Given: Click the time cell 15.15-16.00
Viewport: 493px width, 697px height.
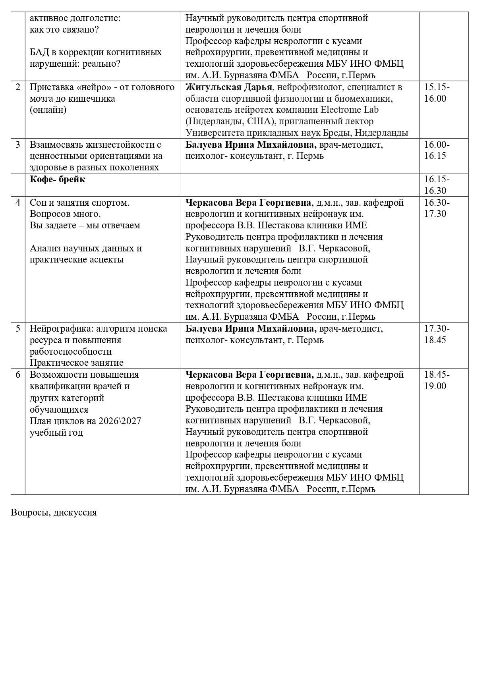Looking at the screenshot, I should [x=437, y=93].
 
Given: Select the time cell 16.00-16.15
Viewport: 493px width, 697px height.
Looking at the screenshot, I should [x=437, y=150].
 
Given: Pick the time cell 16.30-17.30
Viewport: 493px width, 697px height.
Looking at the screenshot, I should [x=437, y=208].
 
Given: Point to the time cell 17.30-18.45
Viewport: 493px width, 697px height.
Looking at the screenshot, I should [x=437, y=334].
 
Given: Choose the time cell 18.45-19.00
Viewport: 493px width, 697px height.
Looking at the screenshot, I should [x=437, y=380].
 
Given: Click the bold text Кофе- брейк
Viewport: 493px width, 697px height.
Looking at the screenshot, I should [x=58, y=180].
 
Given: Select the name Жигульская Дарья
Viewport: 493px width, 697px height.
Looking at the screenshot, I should [x=229, y=87].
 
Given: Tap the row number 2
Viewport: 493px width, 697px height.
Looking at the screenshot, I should [x=18, y=87].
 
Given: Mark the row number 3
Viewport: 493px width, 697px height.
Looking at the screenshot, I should [x=18, y=145].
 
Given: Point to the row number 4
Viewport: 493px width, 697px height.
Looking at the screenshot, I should [x=18, y=203].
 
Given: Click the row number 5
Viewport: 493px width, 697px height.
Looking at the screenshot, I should [x=18, y=329].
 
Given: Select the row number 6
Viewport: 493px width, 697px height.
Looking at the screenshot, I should [x=18, y=375].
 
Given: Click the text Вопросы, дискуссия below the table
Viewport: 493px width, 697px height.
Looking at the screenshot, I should [x=54, y=512].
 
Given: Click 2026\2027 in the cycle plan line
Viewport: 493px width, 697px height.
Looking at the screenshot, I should [x=121, y=421].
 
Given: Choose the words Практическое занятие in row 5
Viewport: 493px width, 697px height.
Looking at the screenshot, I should [x=77, y=363].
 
